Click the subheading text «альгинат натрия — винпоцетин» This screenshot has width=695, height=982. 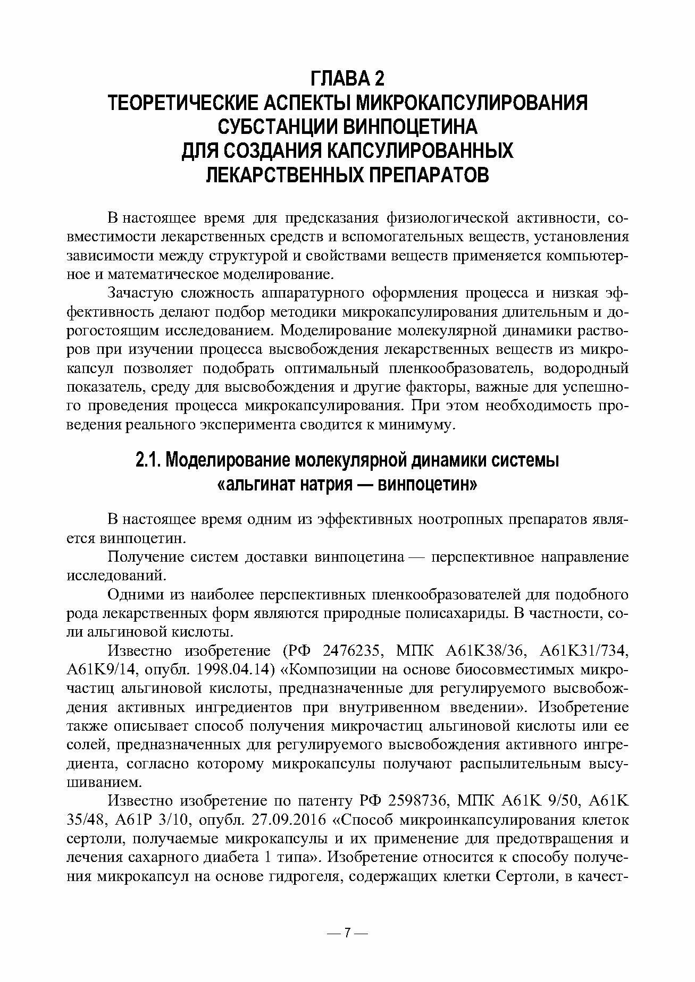[x=347, y=485]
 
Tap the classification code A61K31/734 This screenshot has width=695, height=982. [x=584, y=651]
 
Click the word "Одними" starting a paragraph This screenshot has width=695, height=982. [x=132, y=595]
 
